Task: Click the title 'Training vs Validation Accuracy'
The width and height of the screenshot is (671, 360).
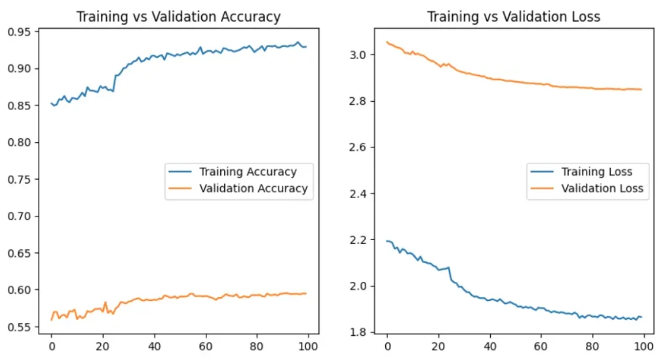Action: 178,17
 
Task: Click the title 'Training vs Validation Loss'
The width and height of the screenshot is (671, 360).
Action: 514,17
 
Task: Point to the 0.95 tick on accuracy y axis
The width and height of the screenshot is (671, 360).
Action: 20,31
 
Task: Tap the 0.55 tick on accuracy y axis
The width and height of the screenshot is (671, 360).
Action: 20,327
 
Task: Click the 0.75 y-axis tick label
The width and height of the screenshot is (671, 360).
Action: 20,179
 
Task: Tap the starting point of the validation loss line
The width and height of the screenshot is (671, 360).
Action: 387,42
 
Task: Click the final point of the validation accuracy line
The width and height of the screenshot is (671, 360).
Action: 306,293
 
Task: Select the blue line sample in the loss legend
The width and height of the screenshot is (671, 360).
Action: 541,172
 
